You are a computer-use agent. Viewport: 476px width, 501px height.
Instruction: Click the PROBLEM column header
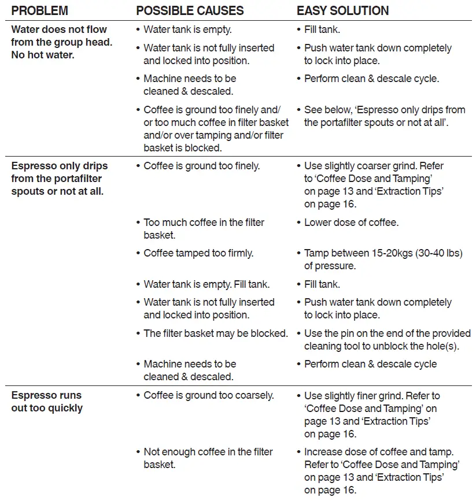click(39, 10)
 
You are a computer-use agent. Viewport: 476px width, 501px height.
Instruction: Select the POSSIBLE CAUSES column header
click(190, 10)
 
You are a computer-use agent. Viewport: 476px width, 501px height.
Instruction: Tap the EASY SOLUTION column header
click(342, 10)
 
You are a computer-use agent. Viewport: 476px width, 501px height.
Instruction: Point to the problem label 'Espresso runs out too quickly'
click(47, 402)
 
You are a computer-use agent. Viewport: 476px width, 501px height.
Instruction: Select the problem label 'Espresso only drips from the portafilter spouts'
click(60, 178)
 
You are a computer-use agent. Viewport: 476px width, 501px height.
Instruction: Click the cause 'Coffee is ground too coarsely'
click(208, 396)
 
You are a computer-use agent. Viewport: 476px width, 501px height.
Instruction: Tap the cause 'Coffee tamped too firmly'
click(198, 253)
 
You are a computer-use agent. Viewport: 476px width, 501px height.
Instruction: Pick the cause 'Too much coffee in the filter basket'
click(204, 229)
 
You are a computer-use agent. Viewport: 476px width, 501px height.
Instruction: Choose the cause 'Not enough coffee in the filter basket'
click(208, 458)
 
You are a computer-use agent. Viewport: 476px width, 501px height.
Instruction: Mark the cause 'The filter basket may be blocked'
click(215, 333)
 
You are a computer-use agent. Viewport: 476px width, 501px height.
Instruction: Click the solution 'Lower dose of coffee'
click(351, 222)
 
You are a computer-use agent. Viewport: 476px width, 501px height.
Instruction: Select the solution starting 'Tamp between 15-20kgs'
click(383, 259)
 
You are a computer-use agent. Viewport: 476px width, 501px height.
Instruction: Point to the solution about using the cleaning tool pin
click(387, 340)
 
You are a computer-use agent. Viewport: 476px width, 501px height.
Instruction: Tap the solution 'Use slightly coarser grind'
click(374, 185)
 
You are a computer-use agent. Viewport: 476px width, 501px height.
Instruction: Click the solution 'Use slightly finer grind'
click(371, 414)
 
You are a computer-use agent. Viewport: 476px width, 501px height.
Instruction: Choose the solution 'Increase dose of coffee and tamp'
click(382, 471)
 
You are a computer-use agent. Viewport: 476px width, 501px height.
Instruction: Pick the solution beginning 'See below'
click(385, 116)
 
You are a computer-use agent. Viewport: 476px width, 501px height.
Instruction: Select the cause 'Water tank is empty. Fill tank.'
click(206, 284)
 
